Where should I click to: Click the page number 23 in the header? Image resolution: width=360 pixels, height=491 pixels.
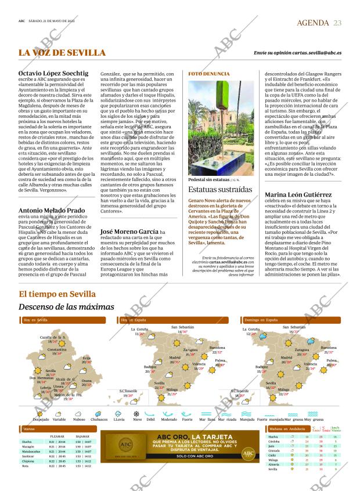tap(337, 23)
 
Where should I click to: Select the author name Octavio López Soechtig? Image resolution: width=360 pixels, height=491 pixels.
tap(53, 73)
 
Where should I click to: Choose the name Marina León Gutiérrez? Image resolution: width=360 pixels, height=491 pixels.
tap(299, 194)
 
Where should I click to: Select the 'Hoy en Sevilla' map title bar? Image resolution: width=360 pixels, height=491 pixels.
tap(35, 320)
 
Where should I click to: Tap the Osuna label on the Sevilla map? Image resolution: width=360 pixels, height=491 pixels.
tap(87, 381)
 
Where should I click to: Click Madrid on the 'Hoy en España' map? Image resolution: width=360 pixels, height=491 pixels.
tap(174, 358)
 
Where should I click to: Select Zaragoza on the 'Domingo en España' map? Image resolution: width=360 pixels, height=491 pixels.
tap(302, 350)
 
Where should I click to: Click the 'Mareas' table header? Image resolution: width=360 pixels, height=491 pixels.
tap(28, 429)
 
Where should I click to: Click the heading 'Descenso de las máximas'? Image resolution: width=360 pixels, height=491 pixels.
tap(66, 306)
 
